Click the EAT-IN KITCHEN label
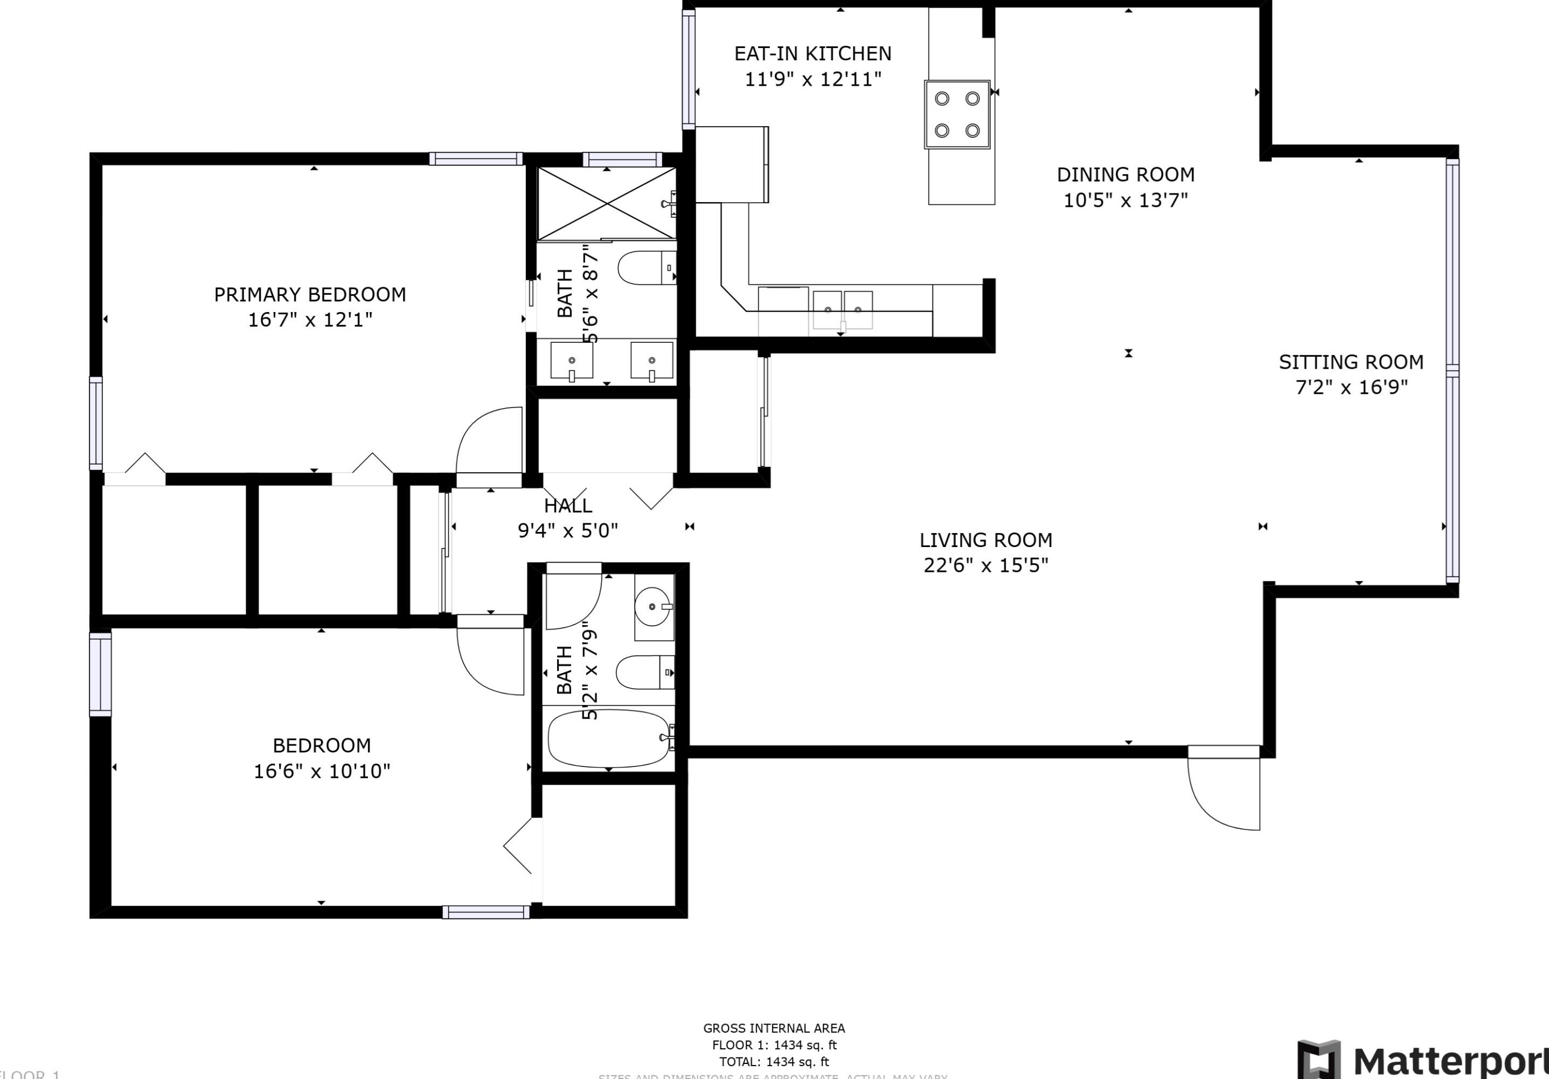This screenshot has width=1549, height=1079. (812, 53)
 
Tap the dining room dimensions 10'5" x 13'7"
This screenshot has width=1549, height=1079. (1126, 200)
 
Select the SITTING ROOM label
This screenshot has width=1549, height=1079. (1351, 362)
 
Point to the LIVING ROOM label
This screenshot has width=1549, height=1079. (985, 540)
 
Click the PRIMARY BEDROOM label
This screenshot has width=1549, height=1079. (310, 295)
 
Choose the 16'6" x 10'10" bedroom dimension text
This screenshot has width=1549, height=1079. (322, 771)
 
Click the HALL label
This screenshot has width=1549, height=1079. (568, 506)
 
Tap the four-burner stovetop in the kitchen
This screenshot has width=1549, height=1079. (957, 114)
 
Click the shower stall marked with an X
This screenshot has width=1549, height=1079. (607, 203)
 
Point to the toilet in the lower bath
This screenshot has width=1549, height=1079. (644, 672)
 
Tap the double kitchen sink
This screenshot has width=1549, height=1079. (842, 310)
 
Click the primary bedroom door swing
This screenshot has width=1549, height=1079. (490, 442)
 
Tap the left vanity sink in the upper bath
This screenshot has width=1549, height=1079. (572, 361)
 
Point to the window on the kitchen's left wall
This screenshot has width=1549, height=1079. (688, 70)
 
